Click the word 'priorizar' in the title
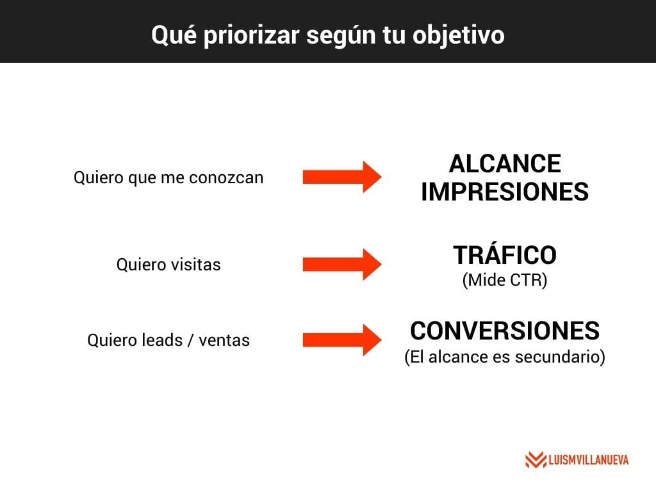pyautogui.click(x=251, y=36)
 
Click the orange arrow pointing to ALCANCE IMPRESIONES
pyautogui.click(x=342, y=177)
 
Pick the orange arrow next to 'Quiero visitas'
pyautogui.click(x=342, y=265)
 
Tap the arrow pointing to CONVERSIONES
pyautogui.click(x=342, y=340)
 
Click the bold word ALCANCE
pyautogui.click(x=505, y=163)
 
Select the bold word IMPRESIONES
pyautogui.click(x=505, y=192)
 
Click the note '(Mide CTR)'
pyautogui.click(x=505, y=280)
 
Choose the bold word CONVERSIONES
pyautogui.click(x=505, y=331)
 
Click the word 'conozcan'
pyautogui.click(x=226, y=178)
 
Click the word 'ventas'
pyautogui.click(x=224, y=341)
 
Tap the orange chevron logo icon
pyautogui.click(x=536, y=460)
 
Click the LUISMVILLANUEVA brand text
pyautogui.click(x=588, y=460)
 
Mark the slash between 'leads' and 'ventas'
pyautogui.click(x=191, y=340)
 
